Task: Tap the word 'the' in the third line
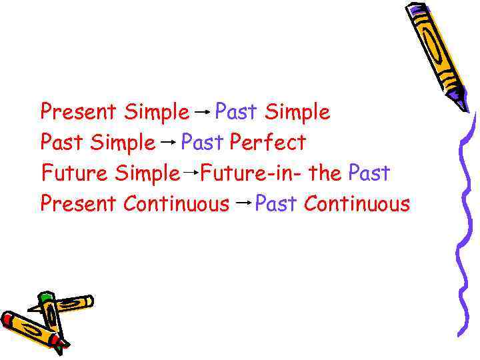click(x=325, y=173)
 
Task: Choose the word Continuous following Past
click(x=357, y=203)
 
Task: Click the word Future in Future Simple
click(x=75, y=173)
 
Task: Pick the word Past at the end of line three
click(x=369, y=173)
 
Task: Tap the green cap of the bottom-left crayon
click(x=45, y=298)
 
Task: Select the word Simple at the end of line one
click(x=297, y=111)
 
